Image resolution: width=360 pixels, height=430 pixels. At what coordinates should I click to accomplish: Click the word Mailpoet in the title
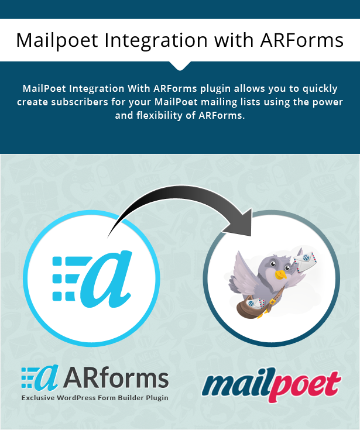pos(57,40)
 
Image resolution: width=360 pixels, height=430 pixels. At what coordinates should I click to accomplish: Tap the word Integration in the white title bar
pos(156,40)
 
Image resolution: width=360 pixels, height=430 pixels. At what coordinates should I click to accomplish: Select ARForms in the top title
pos(302,40)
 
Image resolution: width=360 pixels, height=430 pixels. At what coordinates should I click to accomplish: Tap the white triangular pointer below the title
pos(180,66)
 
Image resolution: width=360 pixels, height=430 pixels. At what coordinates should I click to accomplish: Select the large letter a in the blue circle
pos(107,279)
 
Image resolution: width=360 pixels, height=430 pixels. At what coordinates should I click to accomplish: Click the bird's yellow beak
pos(281,274)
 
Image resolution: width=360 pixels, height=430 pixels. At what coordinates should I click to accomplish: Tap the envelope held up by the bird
pos(306,261)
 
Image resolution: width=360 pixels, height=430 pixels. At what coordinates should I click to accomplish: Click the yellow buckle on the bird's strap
pos(272,302)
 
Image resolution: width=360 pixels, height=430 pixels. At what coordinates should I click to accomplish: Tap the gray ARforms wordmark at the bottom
pos(116,379)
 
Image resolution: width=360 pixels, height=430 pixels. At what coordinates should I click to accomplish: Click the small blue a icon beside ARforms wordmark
pos(40,377)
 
